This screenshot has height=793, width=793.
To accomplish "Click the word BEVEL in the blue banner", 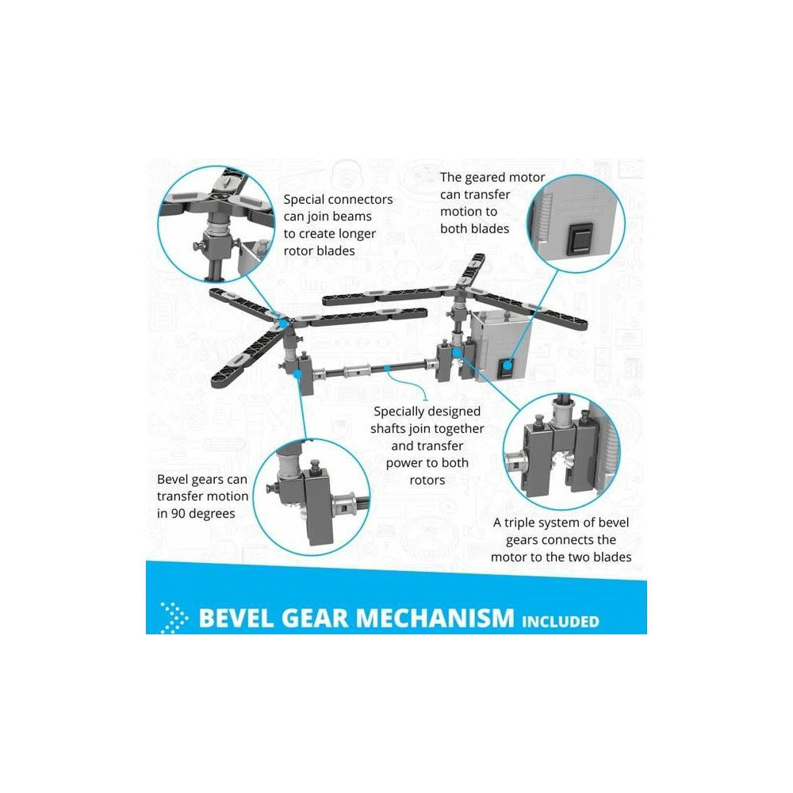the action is [236, 618].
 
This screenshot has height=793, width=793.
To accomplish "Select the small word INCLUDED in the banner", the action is [561, 621].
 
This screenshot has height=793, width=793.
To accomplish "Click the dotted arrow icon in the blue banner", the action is [174, 618].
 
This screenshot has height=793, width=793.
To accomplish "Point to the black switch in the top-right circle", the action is [580, 239].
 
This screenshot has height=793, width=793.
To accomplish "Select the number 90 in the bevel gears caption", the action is [178, 513].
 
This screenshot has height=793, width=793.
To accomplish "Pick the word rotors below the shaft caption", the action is [427, 480].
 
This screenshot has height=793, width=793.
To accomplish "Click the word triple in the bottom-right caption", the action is [524, 523].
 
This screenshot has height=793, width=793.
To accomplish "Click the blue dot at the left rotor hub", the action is [284, 323].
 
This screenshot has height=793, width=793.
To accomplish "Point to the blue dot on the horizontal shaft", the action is [387, 368].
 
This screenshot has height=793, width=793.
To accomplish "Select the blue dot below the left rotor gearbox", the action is [298, 374].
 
